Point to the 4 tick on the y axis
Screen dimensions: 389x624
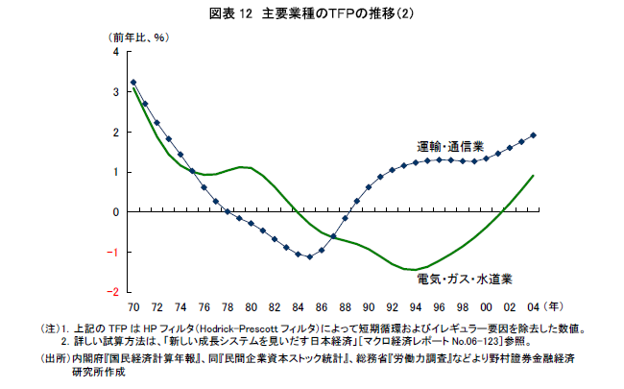(117, 52)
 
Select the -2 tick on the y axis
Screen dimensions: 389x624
(115, 291)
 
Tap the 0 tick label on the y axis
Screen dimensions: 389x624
(117, 211)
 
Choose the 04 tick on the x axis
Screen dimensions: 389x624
(534, 307)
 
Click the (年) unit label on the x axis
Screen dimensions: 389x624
(554, 307)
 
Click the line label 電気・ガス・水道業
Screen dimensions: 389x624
(464, 280)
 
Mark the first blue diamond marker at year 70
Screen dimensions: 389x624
(132, 83)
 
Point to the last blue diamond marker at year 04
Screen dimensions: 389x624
(534, 135)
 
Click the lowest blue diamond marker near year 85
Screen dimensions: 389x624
(309, 257)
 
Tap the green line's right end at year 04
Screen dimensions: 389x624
(534, 176)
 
